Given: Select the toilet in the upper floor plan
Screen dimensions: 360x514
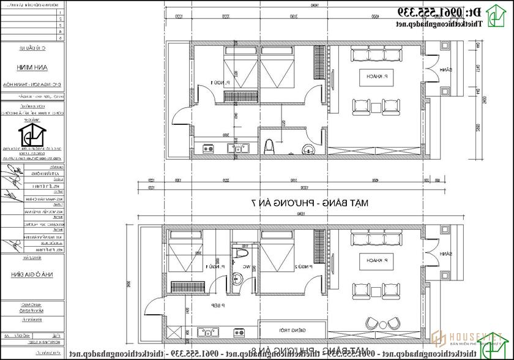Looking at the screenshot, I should coord(269,146).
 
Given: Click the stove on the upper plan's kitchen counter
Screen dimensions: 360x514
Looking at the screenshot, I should coord(207,148).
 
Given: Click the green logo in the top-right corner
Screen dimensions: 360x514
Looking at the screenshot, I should coord(497,17).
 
